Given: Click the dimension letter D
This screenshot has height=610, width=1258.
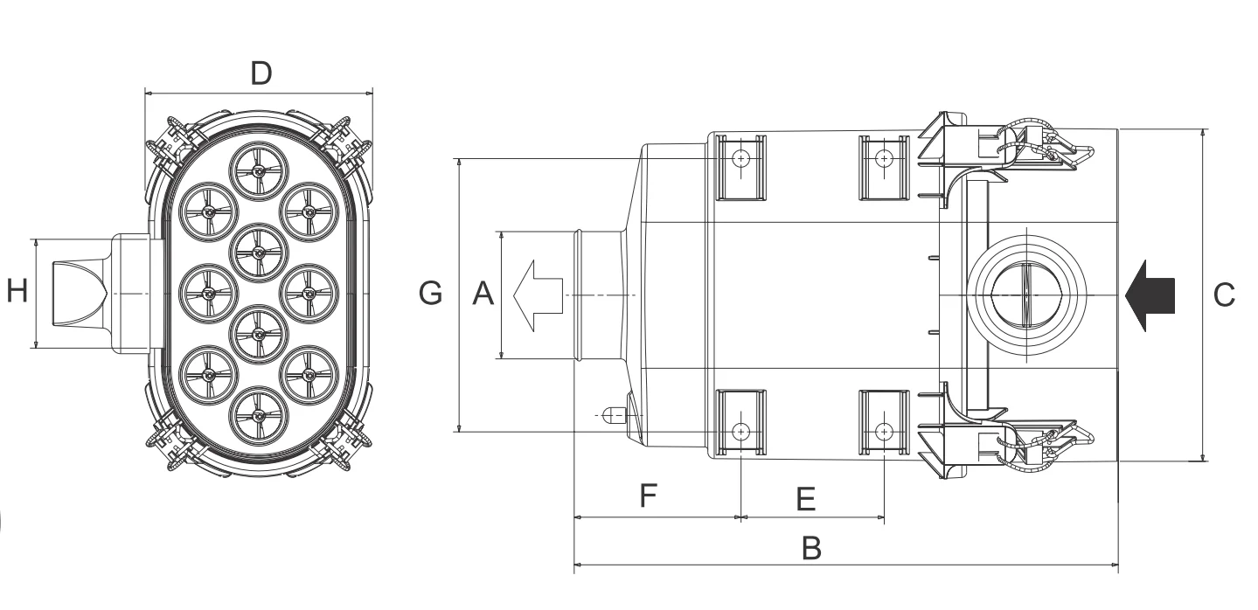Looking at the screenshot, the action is click(x=261, y=73).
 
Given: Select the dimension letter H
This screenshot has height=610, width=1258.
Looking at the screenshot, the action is click(x=17, y=291).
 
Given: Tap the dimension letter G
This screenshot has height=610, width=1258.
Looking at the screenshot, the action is click(x=431, y=293).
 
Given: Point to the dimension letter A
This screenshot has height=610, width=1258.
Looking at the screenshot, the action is click(x=483, y=293).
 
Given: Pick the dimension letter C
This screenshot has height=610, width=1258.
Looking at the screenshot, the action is click(x=1224, y=295).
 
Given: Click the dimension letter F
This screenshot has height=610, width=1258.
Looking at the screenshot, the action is click(x=648, y=495).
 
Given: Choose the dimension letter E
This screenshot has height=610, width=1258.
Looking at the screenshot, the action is click(x=806, y=498).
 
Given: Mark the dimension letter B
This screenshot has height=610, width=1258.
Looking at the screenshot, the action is click(x=811, y=548).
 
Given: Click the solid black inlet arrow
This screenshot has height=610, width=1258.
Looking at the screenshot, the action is click(x=1150, y=295).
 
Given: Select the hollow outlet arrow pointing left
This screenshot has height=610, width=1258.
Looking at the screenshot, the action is click(x=538, y=295).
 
